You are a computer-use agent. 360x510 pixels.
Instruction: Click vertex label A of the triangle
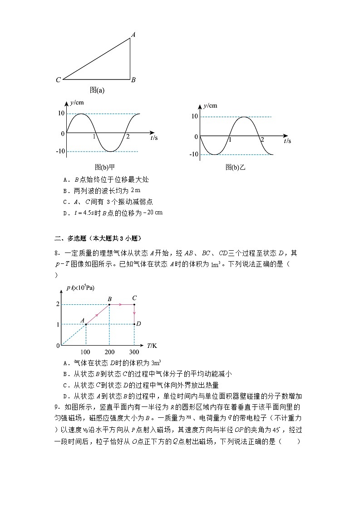(133, 34)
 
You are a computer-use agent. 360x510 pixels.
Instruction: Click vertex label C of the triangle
(59, 80)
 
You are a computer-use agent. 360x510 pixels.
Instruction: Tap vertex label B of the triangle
(133, 80)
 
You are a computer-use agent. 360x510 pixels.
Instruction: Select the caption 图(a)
(97, 90)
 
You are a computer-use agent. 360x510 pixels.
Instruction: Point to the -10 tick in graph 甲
(59, 151)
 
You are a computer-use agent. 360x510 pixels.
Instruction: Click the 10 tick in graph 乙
(194, 117)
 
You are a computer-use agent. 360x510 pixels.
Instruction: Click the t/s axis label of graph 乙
(287, 141)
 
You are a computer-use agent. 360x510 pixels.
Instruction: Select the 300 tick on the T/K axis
(134, 352)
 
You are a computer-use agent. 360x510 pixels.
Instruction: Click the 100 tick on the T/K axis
(85, 352)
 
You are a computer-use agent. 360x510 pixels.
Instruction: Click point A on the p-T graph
(86, 324)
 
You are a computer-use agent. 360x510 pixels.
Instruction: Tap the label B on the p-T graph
(109, 298)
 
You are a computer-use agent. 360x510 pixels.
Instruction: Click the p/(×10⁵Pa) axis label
(80, 287)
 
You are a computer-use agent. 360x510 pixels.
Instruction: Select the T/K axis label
(152, 346)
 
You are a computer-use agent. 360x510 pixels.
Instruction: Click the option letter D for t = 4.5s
(66, 213)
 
